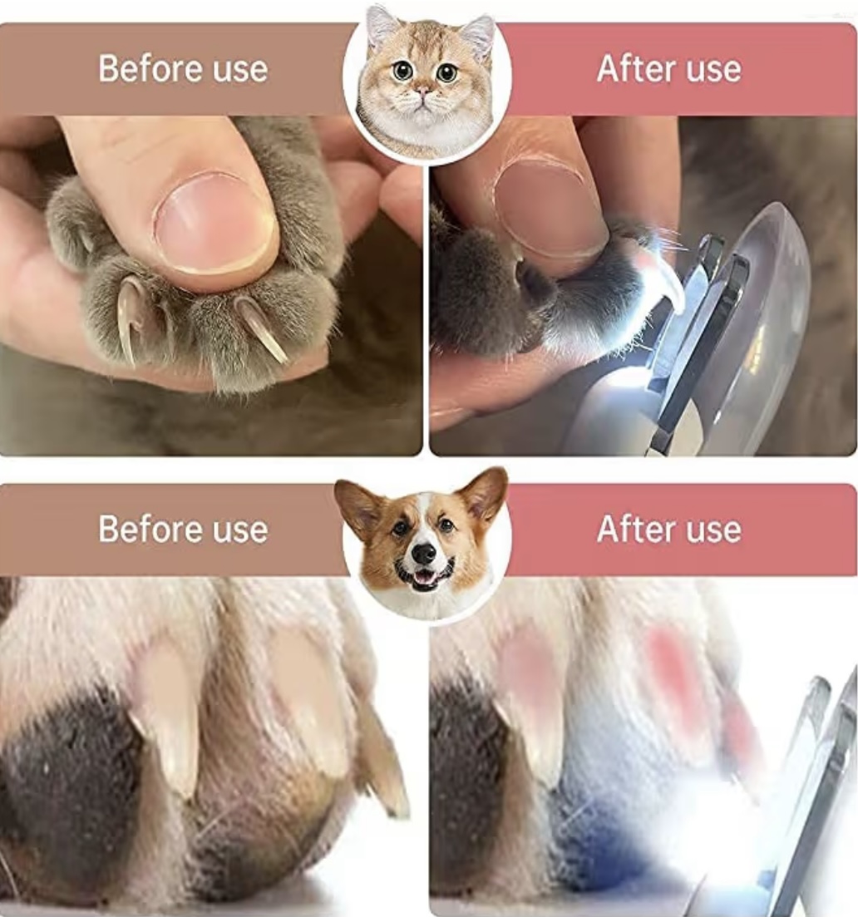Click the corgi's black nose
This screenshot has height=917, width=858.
click(x=423, y=553)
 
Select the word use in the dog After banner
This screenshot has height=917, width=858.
click(x=713, y=531)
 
